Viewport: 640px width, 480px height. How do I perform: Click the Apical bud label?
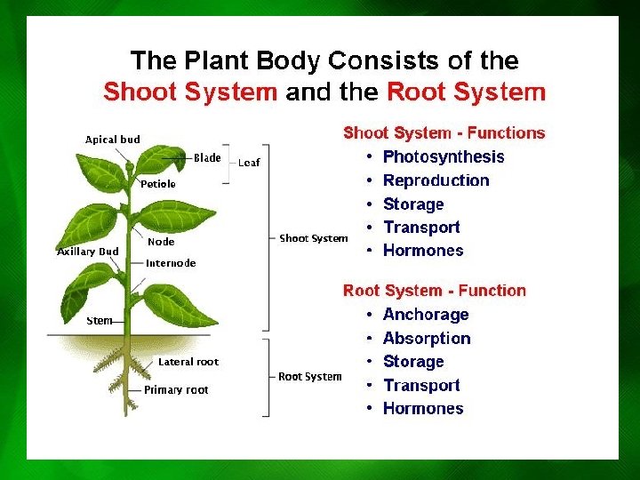pos(112,140)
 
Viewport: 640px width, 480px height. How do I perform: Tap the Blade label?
pos(207,158)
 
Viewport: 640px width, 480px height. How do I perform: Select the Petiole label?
pos(158,184)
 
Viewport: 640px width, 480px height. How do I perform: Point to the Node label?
pos(161,242)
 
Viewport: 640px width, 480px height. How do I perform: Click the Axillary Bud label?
pos(88,252)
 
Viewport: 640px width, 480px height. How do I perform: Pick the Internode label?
pos(171,263)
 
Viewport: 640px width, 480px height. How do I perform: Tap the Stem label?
pos(100,321)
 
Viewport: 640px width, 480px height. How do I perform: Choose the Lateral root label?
pos(188,362)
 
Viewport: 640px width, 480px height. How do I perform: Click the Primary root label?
pos(176,389)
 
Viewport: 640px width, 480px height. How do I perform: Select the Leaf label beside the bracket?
pos(249,163)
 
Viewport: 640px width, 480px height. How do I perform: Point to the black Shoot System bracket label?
pos(314,238)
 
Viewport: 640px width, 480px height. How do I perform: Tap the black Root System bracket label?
pos(309,377)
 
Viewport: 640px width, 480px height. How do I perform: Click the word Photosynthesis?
pos(443,157)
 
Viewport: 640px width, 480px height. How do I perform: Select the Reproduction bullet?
pos(436,180)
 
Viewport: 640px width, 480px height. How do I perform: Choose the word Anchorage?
pos(425,315)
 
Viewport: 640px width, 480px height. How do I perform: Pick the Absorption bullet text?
pos(427,339)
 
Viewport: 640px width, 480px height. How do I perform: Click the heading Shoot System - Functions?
pos(444,133)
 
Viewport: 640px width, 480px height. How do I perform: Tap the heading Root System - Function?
pos(434,291)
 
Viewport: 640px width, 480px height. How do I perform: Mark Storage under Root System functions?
pos(412,362)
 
